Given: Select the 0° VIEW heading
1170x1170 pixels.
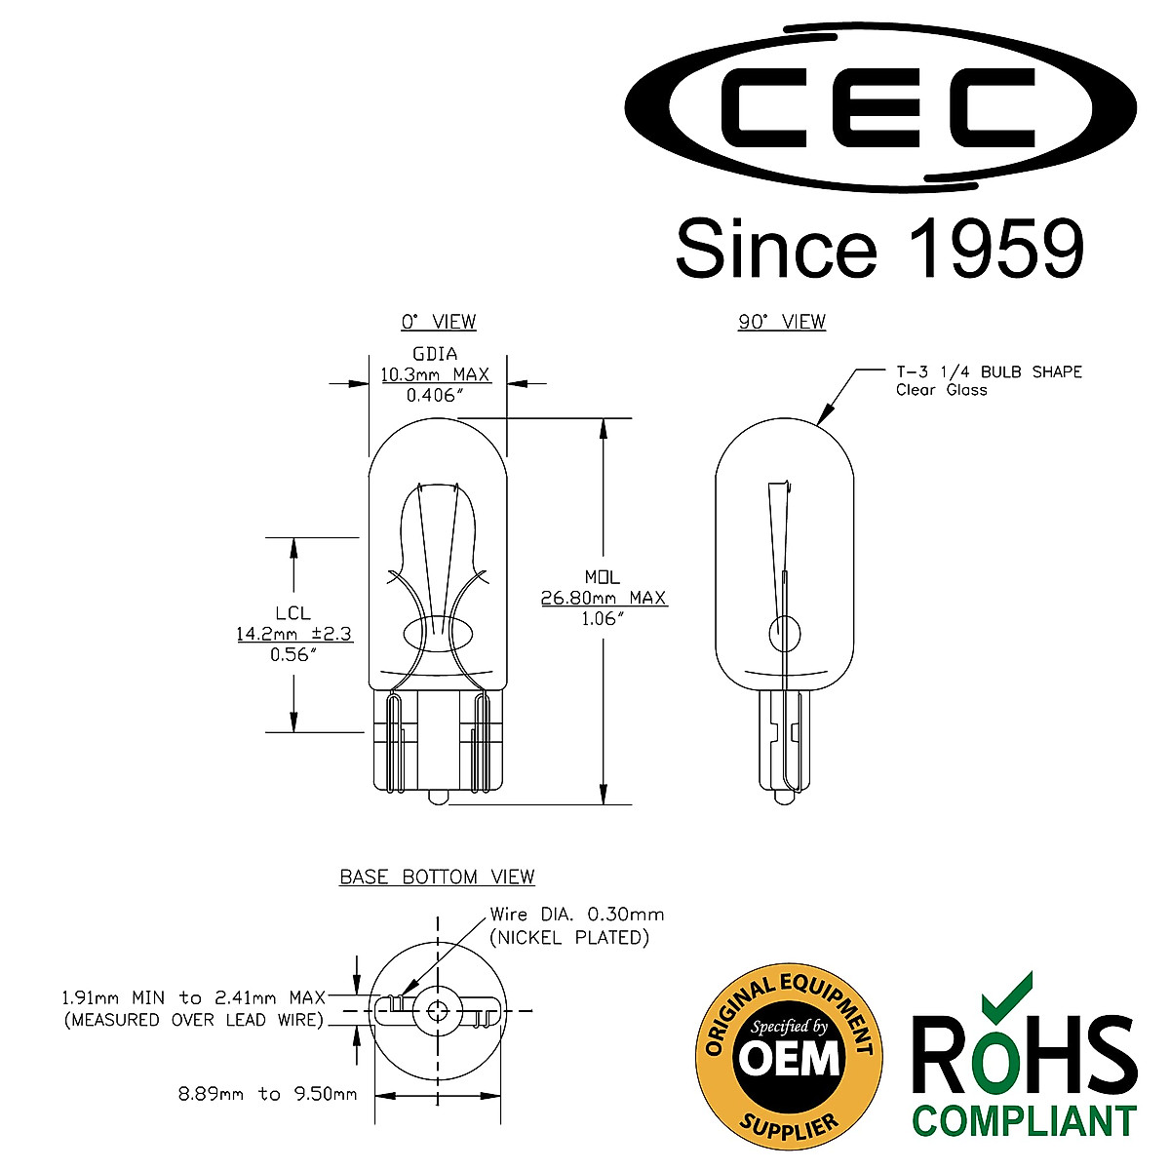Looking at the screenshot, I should point(438,322).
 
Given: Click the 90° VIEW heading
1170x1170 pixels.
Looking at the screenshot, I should point(781,322).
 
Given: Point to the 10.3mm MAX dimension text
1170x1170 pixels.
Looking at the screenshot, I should point(435,374).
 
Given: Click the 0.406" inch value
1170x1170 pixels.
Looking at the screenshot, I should point(435,395).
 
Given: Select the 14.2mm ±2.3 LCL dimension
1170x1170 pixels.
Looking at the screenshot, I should point(293,634).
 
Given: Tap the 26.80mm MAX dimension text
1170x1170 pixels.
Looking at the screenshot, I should point(604,598).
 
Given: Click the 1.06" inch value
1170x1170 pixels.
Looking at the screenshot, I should point(604,618).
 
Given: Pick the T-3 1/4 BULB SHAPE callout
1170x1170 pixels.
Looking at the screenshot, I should point(989,371).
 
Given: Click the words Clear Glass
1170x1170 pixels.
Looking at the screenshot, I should point(941,390).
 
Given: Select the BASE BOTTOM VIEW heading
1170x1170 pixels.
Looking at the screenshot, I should point(437,877).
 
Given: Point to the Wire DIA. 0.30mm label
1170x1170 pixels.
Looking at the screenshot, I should point(576,915).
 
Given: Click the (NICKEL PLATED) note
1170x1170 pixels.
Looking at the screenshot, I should point(569,937).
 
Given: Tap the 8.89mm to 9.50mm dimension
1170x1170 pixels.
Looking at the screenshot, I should point(267,1094).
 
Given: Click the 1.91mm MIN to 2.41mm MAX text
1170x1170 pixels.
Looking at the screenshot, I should point(193,998).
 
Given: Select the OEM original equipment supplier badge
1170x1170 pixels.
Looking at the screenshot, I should point(788,1056).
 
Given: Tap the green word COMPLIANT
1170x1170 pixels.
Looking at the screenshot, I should point(1024,1119).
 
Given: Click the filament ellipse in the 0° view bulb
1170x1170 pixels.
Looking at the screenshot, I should point(437,634).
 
